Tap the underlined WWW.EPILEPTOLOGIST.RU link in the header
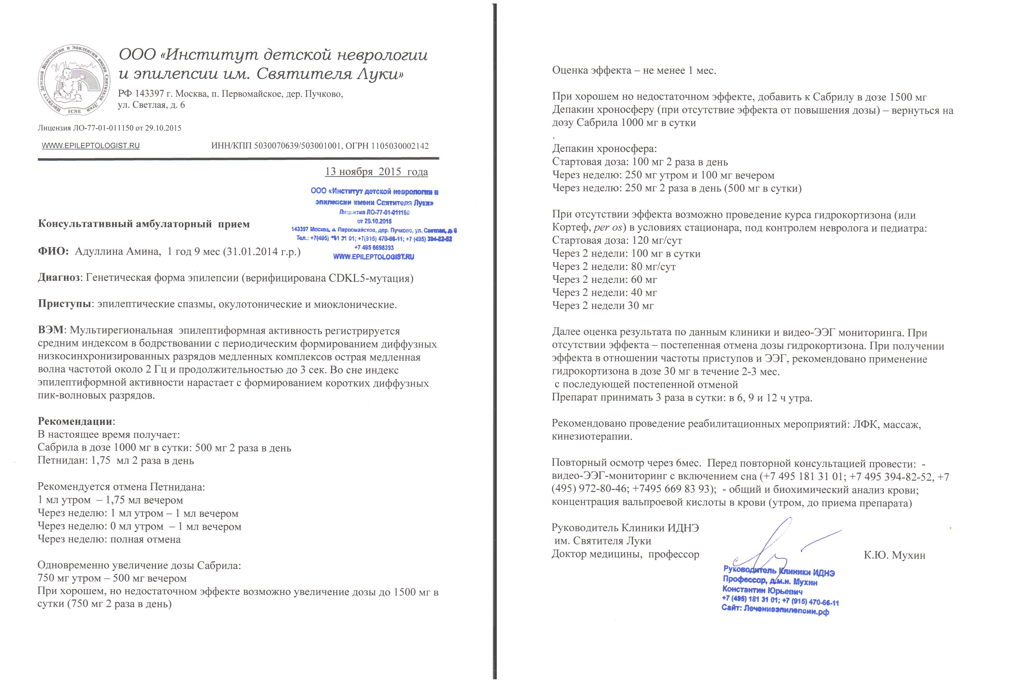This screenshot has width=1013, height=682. pos(91,146)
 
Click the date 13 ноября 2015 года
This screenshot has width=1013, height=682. pos(376,172)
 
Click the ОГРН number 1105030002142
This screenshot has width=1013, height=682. pos(400,146)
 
